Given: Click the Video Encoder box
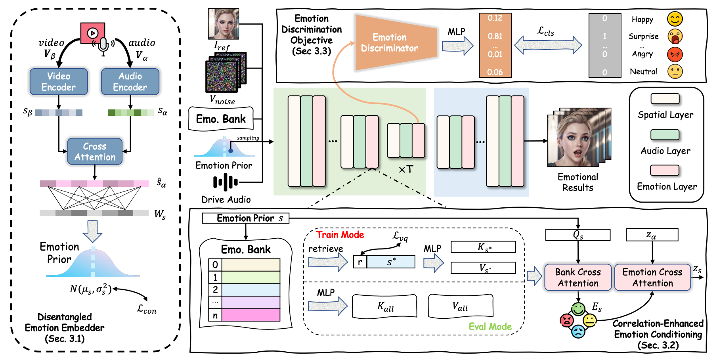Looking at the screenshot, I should click(59, 82).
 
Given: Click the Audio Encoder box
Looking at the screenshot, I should click(130, 82).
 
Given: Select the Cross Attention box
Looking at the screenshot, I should click(95, 151).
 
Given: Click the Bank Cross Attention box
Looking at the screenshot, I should click(578, 278).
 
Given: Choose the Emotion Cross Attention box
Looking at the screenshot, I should click(652, 278).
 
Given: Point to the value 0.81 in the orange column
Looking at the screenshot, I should click(495, 36).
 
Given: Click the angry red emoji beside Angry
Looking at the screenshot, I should click(675, 54).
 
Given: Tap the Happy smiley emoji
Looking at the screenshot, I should click(675, 19).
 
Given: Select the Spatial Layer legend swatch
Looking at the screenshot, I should click(665, 99).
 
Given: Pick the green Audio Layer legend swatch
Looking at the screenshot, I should click(665, 135).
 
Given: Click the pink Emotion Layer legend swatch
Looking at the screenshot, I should click(665, 170).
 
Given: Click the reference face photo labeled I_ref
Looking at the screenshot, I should click(224, 24).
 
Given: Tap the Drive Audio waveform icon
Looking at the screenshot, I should click(226, 182).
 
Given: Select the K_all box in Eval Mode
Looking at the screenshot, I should click(384, 306).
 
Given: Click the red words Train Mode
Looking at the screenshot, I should click(340, 235).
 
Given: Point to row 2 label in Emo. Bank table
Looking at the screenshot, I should click(215, 290).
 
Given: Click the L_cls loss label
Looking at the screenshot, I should click(546, 31).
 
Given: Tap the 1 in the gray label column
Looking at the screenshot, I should click(604, 36).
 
